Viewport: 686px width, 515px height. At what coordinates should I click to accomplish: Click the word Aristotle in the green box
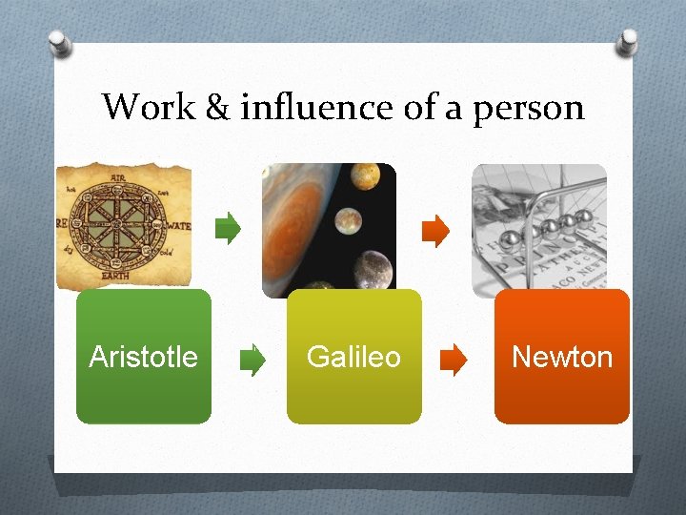pyautogui.click(x=143, y=358)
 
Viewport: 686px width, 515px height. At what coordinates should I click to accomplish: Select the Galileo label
pyautogui.click(x=353, y=358)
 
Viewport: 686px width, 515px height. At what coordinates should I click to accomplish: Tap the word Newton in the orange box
pyautogui.click(x=562, y=358)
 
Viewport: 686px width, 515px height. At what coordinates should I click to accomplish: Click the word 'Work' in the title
pyautogui.click(x=149, y=107)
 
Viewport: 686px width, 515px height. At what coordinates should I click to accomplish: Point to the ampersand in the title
pyautogui.click(x=217, y=108)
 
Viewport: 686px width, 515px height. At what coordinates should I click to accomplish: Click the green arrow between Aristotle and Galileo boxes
pyautogui.click(x=252, y=360)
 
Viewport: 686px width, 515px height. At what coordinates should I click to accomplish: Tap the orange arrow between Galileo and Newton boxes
pyautogui.click(x=454, y=360)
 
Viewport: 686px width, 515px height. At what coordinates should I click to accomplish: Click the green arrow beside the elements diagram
pyautogui.click(x=229, y=229)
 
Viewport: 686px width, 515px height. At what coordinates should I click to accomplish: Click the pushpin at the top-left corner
pyautogui.click(x=59, y=42)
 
